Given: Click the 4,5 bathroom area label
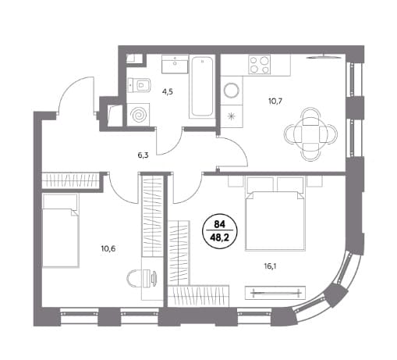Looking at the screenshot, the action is point(168,92).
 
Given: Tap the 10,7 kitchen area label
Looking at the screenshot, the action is point(275,101).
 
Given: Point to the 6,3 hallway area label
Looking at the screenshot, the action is point(143,155).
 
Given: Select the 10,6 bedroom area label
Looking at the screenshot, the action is point(108,249).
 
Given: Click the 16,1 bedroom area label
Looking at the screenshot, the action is point(269,266).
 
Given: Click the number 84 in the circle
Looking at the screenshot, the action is point(220,224).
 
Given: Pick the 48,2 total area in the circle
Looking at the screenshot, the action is point(220,237).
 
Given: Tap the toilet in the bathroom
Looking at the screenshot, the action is point(140,84).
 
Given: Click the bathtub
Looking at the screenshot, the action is point(202,87).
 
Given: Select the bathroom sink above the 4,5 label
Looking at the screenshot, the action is point(175,64).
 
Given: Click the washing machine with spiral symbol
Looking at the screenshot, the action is point(138,115).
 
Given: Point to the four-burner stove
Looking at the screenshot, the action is point(259,65).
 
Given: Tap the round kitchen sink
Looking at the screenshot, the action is point(232,91).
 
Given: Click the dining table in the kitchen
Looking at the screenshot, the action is point(311,134).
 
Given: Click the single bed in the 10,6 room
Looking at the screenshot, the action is point(60,230).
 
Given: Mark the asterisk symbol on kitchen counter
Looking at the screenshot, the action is point(231,116).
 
